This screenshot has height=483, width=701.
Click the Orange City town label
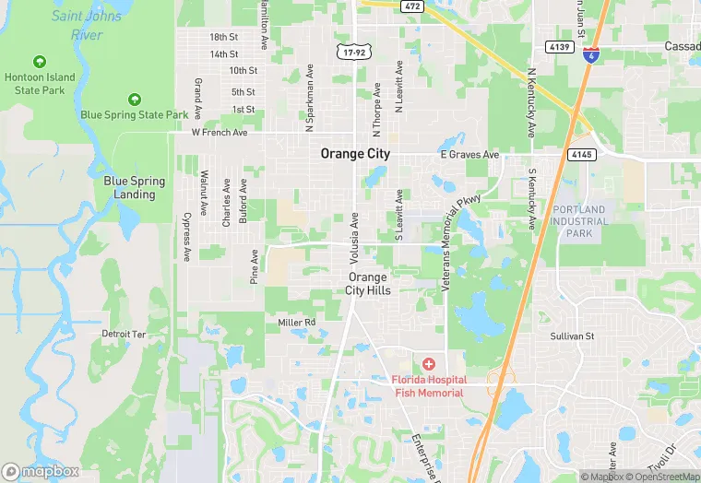[x=355, y=154]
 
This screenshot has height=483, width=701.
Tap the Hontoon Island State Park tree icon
[x=39, y=62]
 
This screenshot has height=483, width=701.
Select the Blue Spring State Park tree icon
[x=135, y=99]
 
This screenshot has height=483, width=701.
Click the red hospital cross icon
[x=429, y=366]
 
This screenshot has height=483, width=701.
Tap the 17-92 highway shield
[x=350, y=52]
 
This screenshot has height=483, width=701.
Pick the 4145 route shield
[x=580, y=154]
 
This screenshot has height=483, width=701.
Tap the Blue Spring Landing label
[x=135, y=188]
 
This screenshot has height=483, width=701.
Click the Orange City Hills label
[x=368, y=284]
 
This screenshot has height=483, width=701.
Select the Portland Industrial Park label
[x=580, y=221]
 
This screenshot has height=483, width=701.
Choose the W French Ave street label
[x=220, y=133]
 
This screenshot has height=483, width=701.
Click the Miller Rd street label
[x=297, y=322]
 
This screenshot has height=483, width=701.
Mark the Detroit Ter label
[x=124, y=334]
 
